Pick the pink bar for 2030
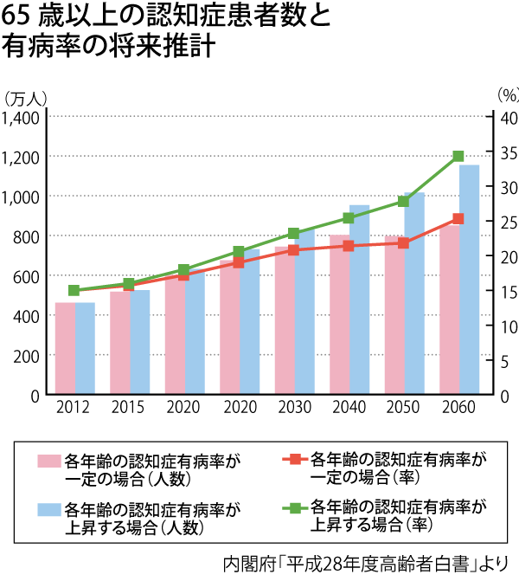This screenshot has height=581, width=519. pyautogui.click(x=285, y=321)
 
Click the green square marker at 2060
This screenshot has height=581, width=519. pyautogui.click(x=458, y=157)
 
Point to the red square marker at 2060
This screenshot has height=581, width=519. pyautogui.click(x=458, y=219)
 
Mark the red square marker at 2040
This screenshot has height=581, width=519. pyautogui.click(x=349, y=246)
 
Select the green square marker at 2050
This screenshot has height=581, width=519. pyautogui.click(x=403, y=202)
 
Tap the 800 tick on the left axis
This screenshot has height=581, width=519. pyautogui.click(x=26, y=236)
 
